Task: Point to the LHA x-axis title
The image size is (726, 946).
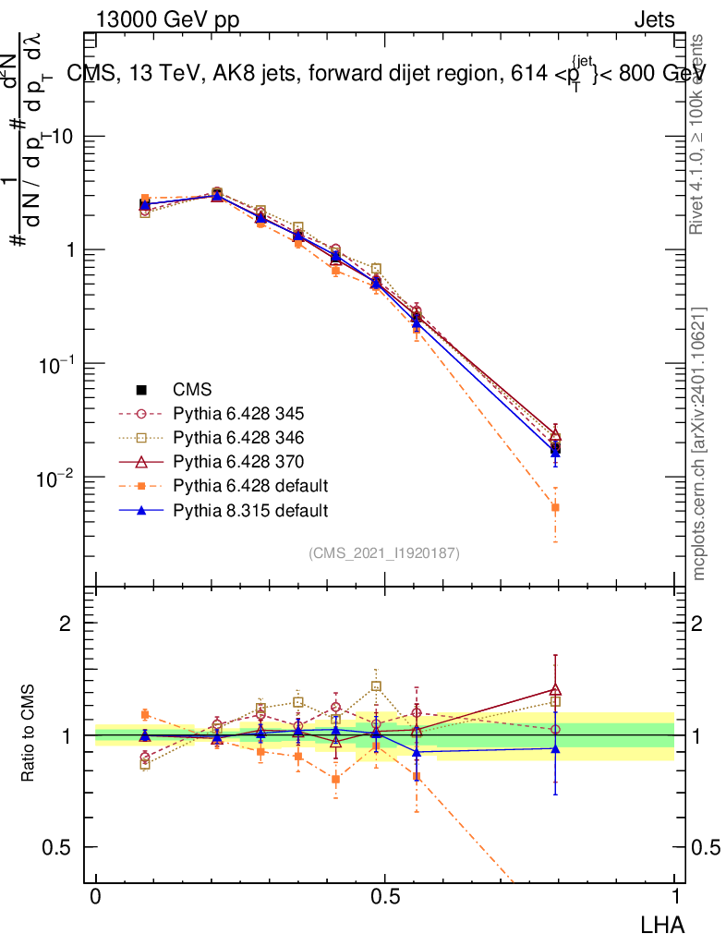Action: [664, 923]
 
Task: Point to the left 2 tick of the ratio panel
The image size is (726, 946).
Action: [66, 624]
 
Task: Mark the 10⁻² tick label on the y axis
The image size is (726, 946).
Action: [54, 479]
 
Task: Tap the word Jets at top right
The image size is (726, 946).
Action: [653, 20]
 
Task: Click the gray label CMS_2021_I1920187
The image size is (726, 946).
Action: [384, 552]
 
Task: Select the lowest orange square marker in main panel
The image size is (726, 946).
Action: [555, 507]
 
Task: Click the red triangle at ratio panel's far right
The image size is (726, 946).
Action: [555, 689]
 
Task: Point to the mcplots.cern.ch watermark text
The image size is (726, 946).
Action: [699, 443]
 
